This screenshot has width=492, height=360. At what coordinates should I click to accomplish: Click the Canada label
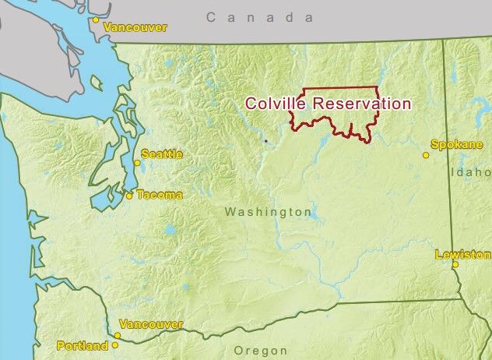pos(260,17)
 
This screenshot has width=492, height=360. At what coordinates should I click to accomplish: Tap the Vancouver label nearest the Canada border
pos(136,27)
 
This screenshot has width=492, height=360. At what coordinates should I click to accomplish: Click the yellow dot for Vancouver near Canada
pos(96,19)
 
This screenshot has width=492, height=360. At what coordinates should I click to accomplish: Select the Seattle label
pos(162,154)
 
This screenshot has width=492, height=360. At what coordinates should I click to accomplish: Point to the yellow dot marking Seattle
pos(137,163)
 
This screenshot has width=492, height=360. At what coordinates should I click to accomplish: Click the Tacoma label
pos(160,195)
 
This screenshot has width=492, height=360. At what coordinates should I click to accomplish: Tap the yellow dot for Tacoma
pos(129,196)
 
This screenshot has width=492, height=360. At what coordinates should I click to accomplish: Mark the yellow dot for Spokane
pos(426,155)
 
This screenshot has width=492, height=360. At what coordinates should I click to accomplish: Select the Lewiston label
pos(464,255)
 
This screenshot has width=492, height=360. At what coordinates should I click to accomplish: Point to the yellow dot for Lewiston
pos(455,264)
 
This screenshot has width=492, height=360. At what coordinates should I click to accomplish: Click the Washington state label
pos(268,212)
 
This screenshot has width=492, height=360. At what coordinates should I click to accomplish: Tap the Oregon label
pos(260,351)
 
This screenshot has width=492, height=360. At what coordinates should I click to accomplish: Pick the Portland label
pos(83,345)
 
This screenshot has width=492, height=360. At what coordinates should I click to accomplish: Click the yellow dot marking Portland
pos(116,344)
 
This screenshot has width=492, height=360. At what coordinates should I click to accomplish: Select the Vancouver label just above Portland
pos(151,324)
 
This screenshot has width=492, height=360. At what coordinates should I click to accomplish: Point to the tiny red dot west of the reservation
pos(265,141)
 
